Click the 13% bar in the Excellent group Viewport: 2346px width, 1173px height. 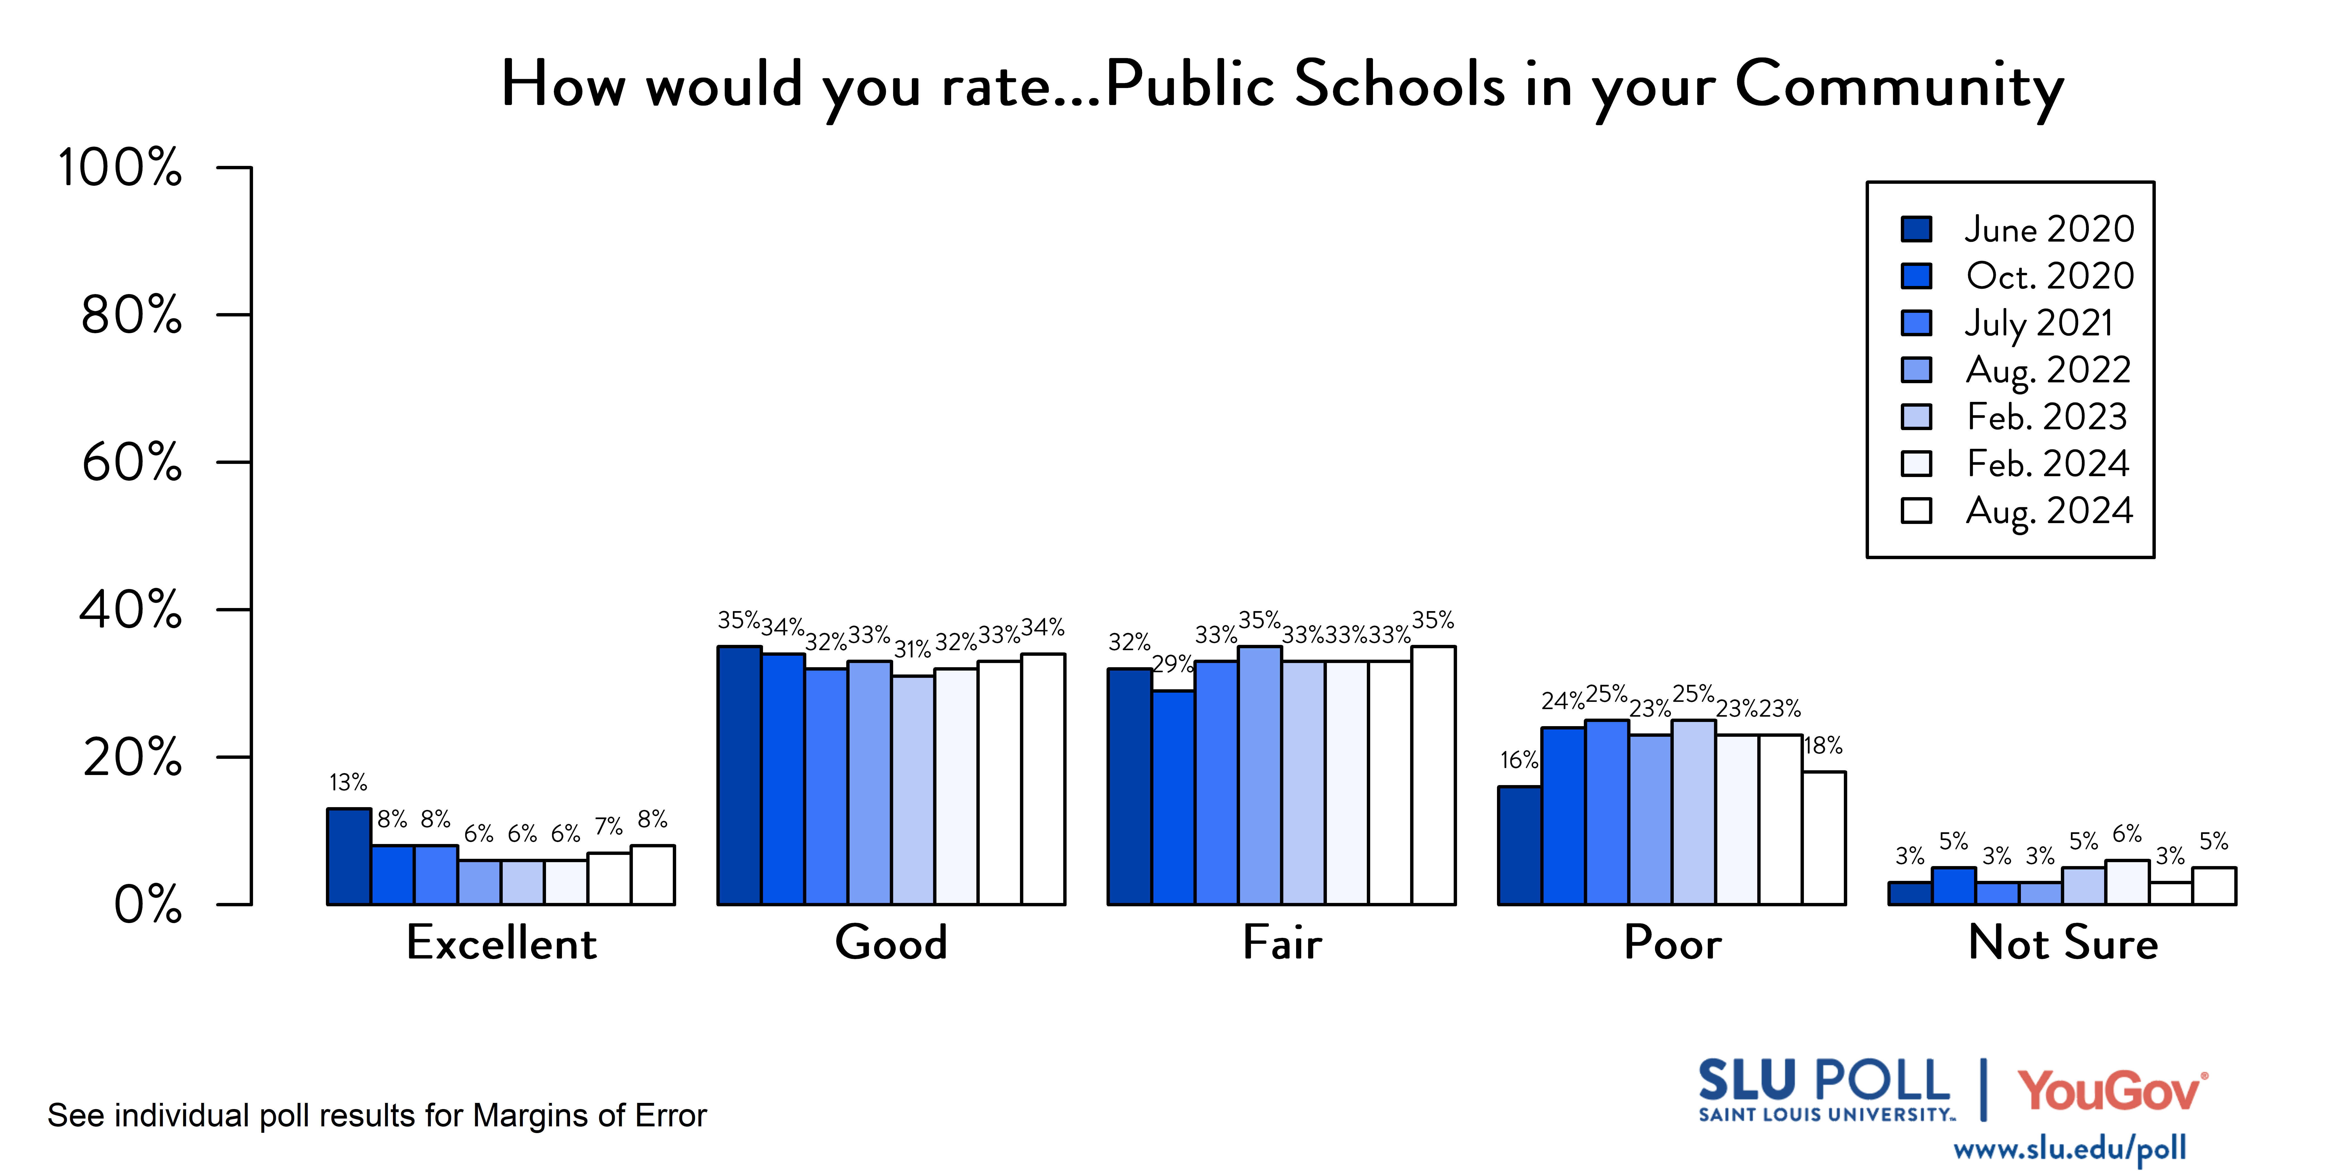(x=349, y=856)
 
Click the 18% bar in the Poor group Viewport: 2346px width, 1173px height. (x=1824, y=838)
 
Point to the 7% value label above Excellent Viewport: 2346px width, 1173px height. (x=608, y=827)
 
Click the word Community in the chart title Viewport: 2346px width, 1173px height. (x=1899, y=85)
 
